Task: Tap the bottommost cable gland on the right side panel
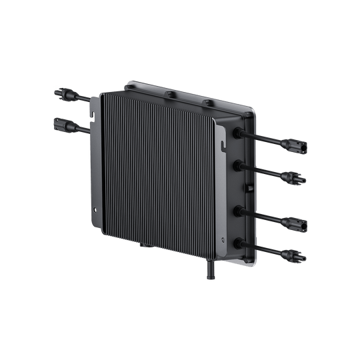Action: tap(237, 242)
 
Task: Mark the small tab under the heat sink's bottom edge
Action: tap(142, 246)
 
